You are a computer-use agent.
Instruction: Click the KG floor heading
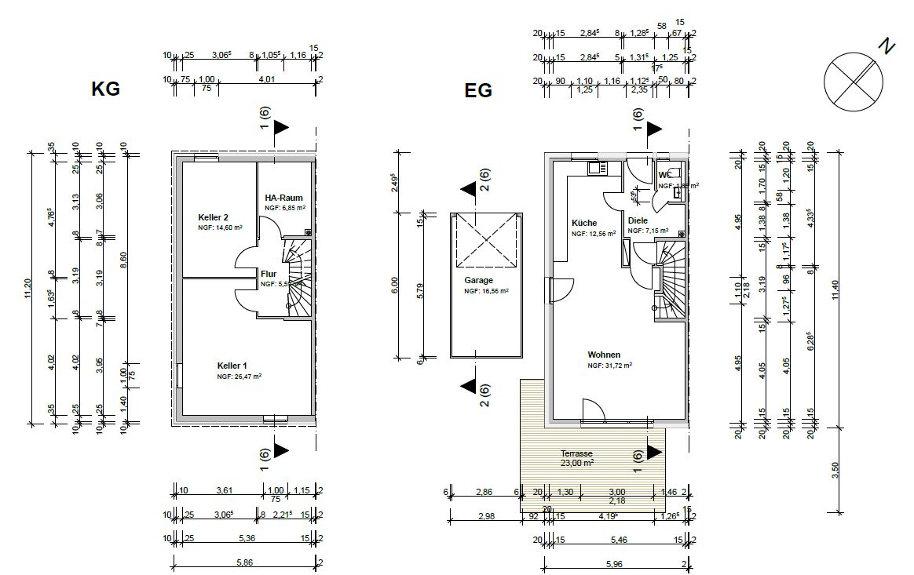(x=106, y=89)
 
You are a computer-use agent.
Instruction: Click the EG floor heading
(x=478, y=90)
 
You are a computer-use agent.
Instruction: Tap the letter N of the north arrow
(x=887, y=47)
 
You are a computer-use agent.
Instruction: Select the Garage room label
(x=478, y=280)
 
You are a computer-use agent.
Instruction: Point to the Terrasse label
(x=576, y=453)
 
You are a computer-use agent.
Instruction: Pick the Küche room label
(x=584, y=223)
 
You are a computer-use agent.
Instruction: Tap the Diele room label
(x=638, y=221)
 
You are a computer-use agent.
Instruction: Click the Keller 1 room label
(x=232, y=366)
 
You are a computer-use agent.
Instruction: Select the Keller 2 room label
(x=213, y=217)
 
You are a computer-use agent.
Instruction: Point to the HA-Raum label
(x=283, y=198)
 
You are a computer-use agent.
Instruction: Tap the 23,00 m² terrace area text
(x=577, y=463)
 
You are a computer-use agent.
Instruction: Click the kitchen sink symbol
(x=597, y=167)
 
